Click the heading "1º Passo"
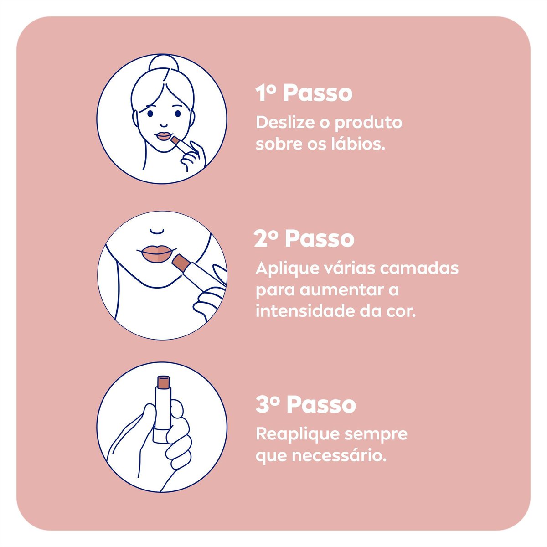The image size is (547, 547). (304, 93)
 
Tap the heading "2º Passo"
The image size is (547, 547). (304, 239)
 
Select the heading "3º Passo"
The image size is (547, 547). (305, 405)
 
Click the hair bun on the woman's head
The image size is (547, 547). (162, 63)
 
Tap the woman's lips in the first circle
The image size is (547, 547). (163, 136)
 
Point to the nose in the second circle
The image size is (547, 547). (157, 231)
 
